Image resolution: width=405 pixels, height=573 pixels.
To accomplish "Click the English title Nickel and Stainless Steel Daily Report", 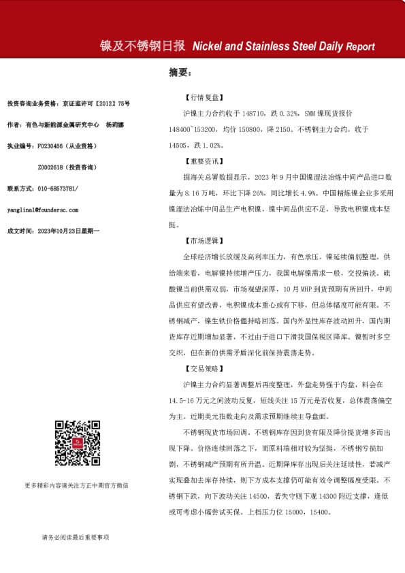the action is [x=284, y=47].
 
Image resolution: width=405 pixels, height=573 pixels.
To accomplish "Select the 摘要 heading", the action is [x=180, y=71].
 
